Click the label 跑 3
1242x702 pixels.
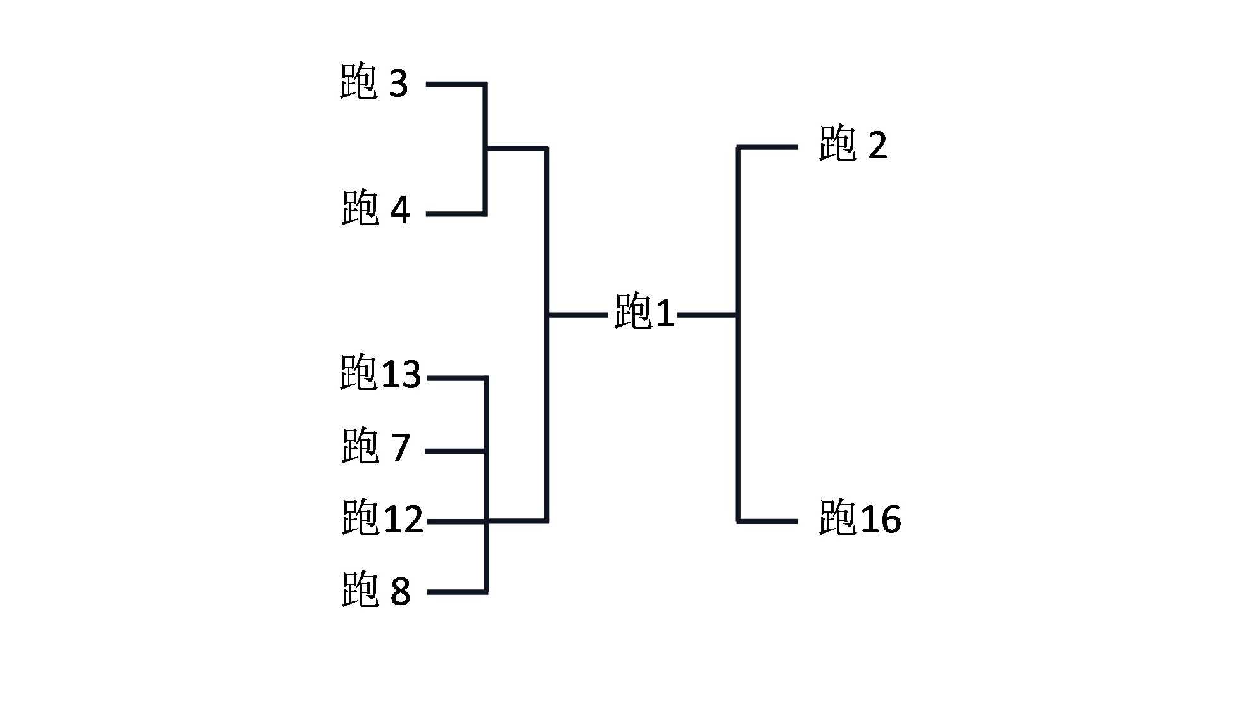pos(373,83)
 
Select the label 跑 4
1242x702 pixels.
pos(375,209)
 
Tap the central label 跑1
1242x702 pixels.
pos(644,311)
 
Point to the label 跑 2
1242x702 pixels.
pos(852,144)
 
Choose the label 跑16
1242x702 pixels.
pos(859,518)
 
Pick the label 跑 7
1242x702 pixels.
pos(375,446)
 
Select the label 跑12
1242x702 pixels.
pos(382,518)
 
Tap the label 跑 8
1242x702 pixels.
pos(375,590)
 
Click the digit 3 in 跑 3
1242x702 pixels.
pos(398,84)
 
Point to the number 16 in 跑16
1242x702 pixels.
pos(881,519)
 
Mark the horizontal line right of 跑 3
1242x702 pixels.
pos(456,84)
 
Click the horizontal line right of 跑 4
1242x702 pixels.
pos(456,214)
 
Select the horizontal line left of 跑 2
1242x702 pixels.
pos(767,147)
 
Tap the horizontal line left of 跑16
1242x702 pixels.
pos(767,522)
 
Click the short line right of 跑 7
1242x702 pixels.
pos(455,451)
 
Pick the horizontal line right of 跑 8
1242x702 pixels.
pos(457,592)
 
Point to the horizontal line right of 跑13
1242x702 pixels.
pos(457,379)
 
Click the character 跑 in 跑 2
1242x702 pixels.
pos(837,144)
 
